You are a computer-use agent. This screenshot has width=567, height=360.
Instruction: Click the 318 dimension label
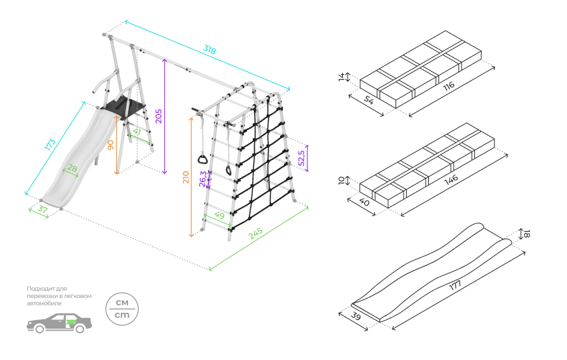click(209, 49)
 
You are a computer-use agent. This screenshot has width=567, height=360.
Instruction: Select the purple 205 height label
click(158, 116)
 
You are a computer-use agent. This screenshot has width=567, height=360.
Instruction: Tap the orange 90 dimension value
click(111, 145)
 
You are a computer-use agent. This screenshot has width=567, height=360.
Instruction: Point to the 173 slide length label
click(50, 145)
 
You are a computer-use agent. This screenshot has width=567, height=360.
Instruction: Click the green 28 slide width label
click(72, 168)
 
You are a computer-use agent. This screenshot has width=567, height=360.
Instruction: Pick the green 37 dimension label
click(43, 209)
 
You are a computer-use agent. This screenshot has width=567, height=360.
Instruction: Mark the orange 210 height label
click(186, 177)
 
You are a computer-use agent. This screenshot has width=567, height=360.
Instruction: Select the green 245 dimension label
click(255, 233)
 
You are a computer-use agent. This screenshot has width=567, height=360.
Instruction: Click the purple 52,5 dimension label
click(302, 158)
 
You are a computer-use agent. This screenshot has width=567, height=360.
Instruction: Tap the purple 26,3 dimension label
click(203, 179)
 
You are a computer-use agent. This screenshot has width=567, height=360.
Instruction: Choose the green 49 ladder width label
click(219, 215)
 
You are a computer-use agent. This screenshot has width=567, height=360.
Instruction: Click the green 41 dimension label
click(136, 132)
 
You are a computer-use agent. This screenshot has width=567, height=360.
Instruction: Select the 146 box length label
click(451, 179)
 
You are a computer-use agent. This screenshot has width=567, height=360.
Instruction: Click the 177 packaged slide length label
click(455, 285)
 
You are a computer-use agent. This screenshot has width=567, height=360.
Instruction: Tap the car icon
click(59, 323)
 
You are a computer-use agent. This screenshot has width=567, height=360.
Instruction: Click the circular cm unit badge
click(122, 309)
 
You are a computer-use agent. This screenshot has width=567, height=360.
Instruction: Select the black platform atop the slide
click(123, 107)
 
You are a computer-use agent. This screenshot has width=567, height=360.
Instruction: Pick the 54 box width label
click(368, 100)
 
